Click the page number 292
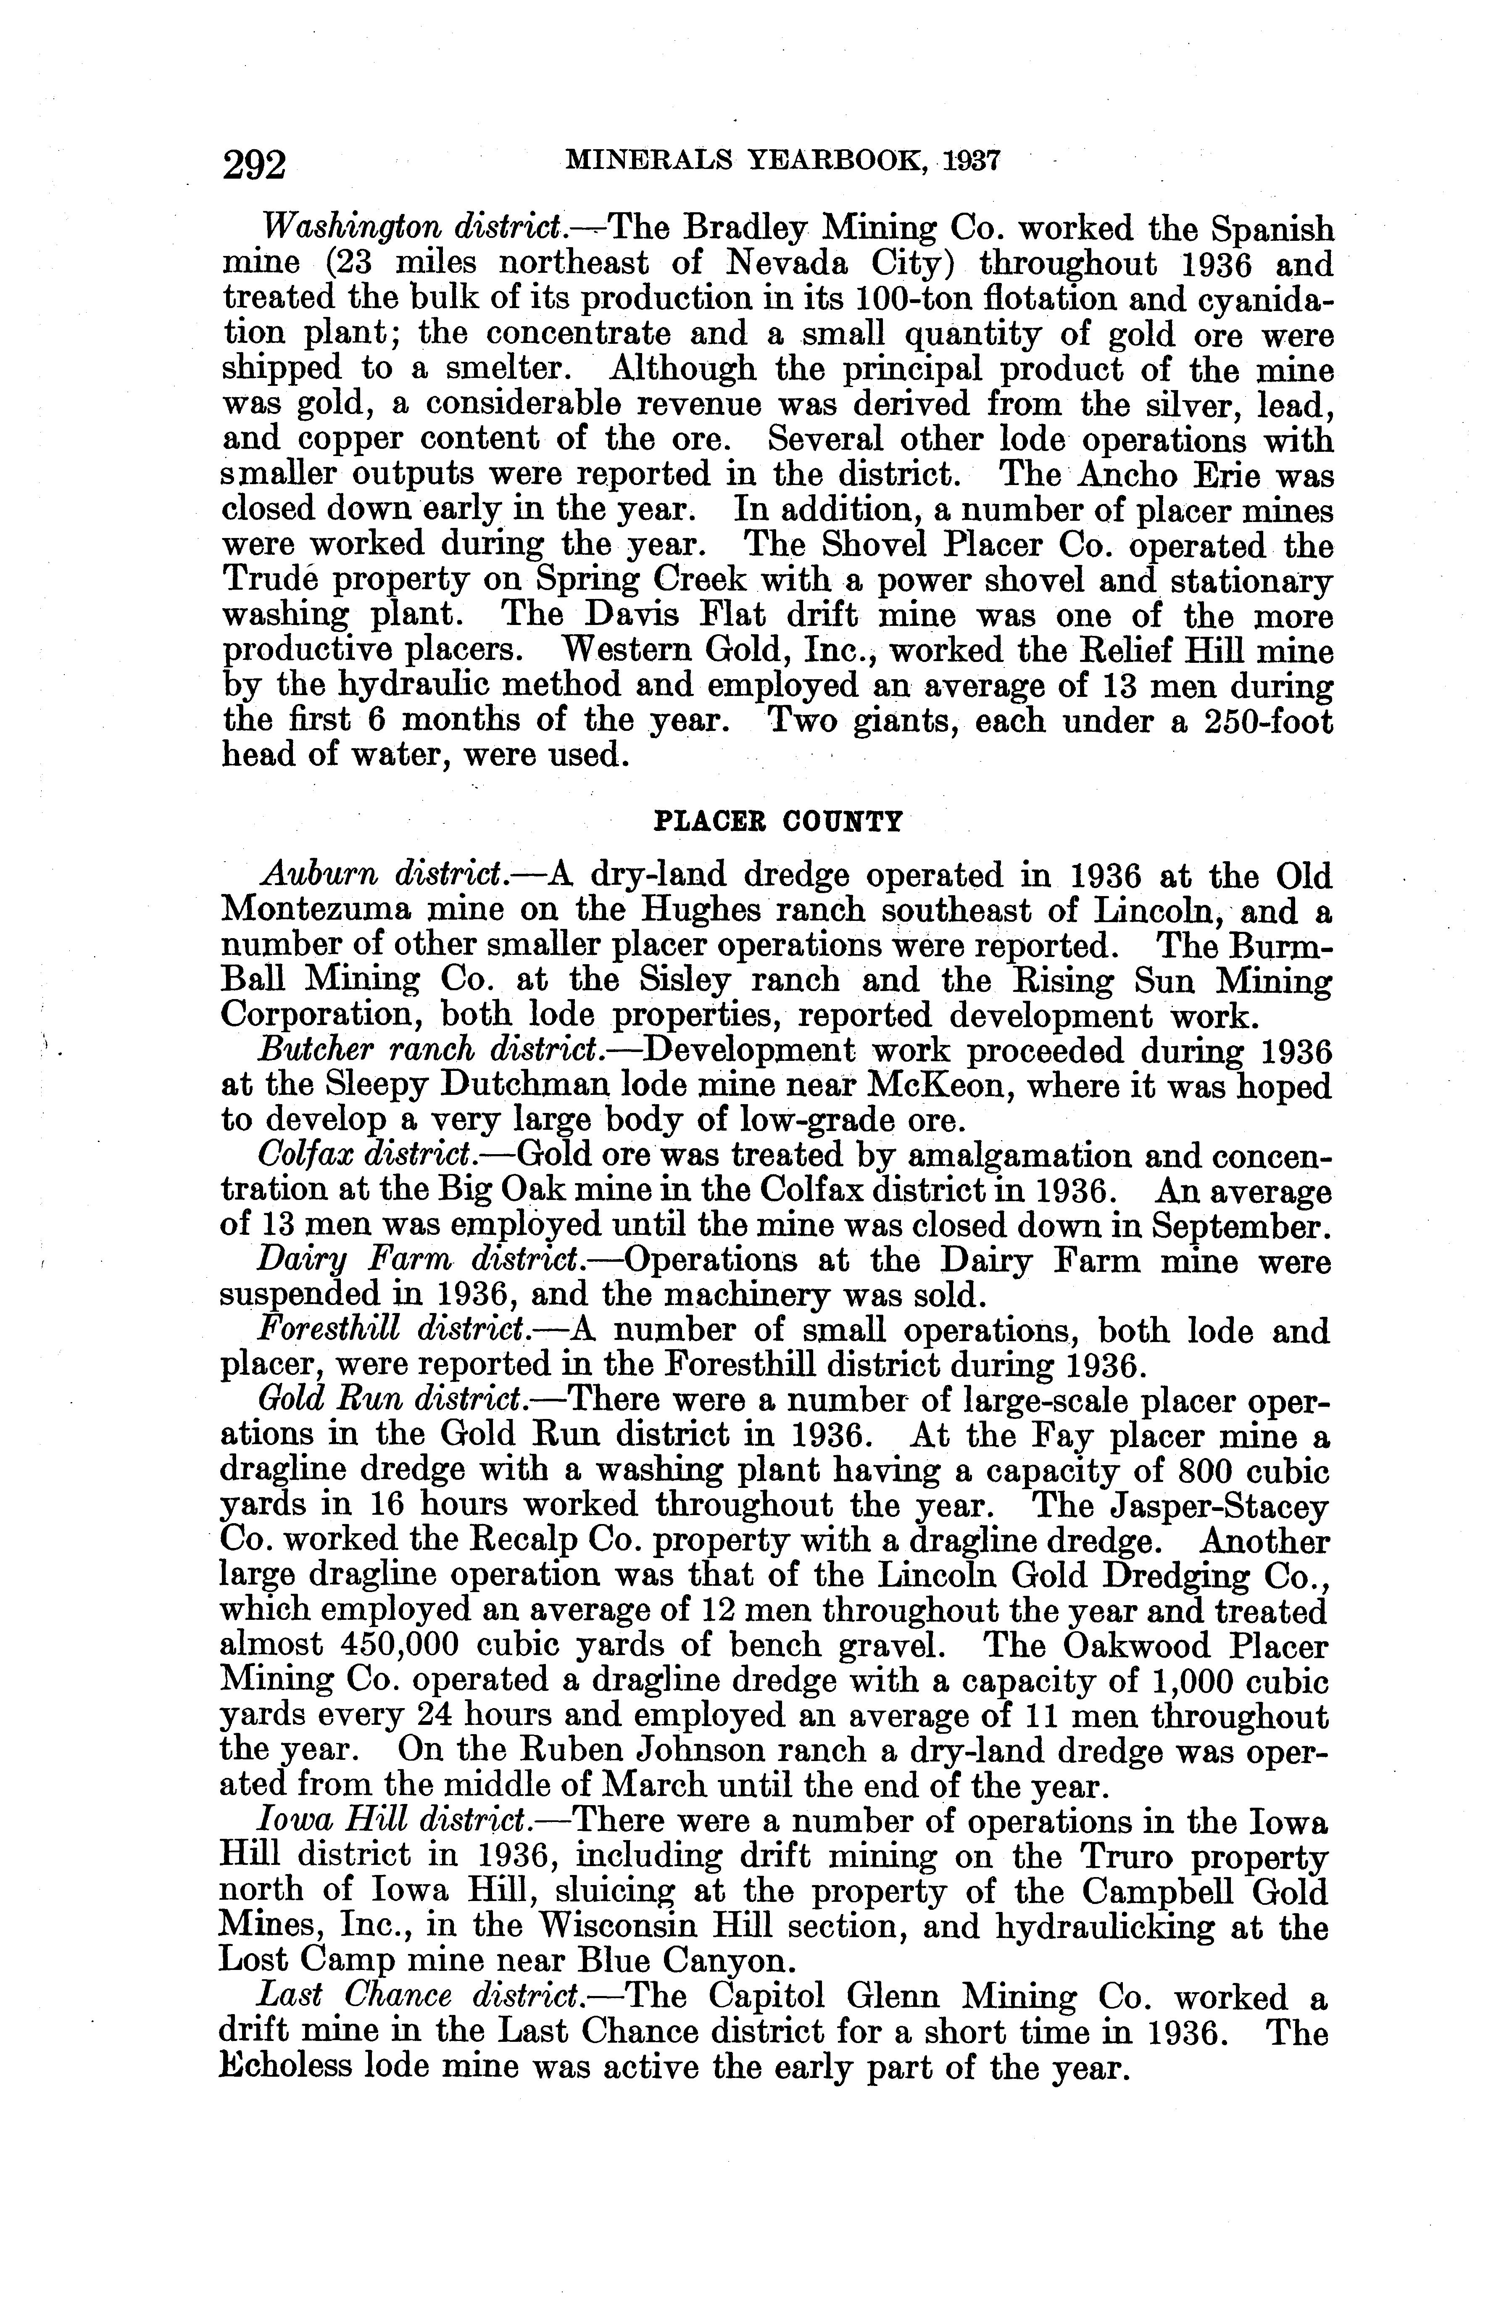(x=254, y=163)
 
